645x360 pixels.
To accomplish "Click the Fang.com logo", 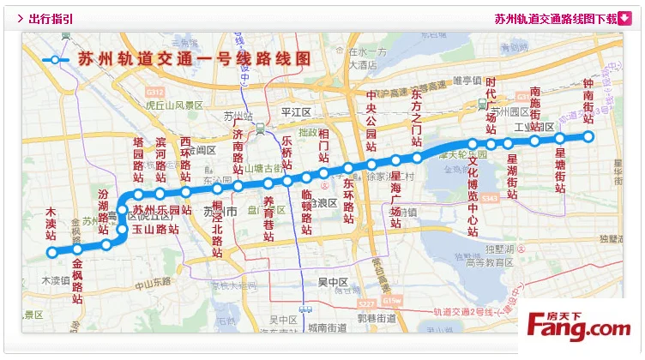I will [579, 327].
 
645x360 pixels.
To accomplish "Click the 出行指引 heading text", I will [50, 18].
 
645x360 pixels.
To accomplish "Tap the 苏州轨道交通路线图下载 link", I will [556, 18].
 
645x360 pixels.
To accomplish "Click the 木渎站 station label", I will [51, 223].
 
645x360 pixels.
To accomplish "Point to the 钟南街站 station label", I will [588, 102].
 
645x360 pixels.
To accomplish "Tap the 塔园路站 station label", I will [138, 159].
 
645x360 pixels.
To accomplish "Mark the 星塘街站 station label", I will [560, 176].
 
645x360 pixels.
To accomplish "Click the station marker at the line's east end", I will [588, 137].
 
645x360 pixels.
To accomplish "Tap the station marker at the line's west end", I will [51, 252].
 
